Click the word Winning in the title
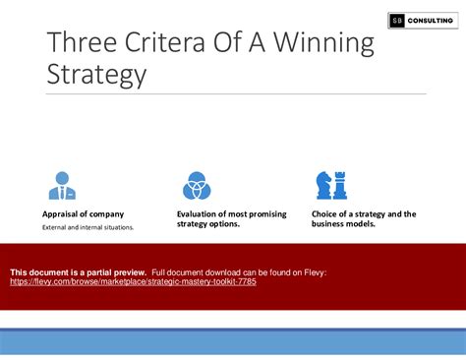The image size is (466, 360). (323, 43)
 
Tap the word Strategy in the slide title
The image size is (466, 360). (96, 75)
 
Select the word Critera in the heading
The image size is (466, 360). (164, 42)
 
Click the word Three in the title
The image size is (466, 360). (82, 42)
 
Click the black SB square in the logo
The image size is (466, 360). (397, 21)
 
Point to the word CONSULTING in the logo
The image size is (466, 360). (431, 21)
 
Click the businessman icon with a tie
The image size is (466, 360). (62, 186)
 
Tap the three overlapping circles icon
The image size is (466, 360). (197, 186)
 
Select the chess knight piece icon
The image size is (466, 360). (323, 186)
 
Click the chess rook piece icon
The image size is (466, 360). (340, 186)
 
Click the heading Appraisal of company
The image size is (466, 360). (83, 214)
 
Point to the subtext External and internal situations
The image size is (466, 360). (87, 227)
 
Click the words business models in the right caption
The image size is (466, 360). (343, 224)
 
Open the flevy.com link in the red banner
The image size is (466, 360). (133, 281)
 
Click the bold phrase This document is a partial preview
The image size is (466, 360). (78, 272)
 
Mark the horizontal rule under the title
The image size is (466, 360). (236, 93)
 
